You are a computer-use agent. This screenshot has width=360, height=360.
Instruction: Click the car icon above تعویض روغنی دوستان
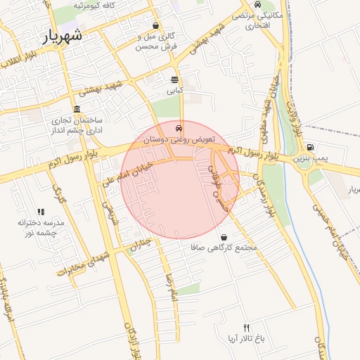pos(179,129)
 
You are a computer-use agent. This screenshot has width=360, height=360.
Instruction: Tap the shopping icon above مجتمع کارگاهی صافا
pos(224,238)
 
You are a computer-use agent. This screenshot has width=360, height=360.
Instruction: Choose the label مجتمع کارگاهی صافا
pos(224,248)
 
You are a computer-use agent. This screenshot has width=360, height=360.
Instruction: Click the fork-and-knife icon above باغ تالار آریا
pos(246,328)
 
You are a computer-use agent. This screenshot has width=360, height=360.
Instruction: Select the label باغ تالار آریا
pos(245,339)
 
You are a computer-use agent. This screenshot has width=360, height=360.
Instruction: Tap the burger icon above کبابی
pos(174,79)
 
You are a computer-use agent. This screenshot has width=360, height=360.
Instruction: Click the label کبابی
pos(174,91)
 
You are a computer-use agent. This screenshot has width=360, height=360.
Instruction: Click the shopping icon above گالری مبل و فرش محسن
pos(155,26)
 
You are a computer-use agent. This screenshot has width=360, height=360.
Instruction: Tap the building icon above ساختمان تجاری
pos(76,109)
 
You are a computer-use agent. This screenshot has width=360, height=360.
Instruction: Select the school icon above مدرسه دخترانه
pos(41,211)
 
